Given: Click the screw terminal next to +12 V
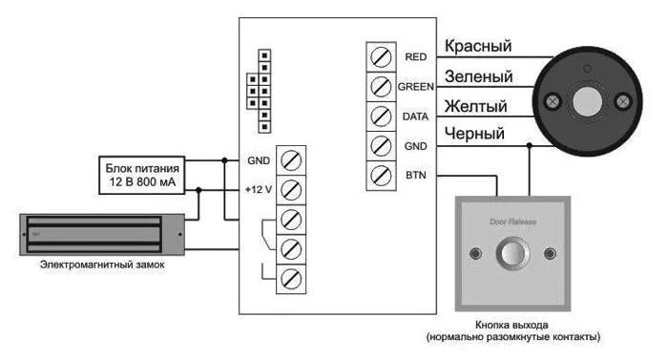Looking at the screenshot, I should pyautogui.click(x=292, y=188).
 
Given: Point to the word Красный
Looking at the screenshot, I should pyautogui.click(x=476, y=46).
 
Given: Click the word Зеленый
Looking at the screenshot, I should pyautogui.click(x=477, y=76).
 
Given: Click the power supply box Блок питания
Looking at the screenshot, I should pyautogui.click(x=141, y=174).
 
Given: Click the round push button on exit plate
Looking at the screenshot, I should pyautogui.click(x=514, y=254).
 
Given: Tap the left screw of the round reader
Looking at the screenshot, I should pyautogui.click(x=552, y=100).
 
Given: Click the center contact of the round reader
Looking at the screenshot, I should pyautogui.click(x=587, y=98).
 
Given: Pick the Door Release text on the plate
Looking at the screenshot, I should pyautogui.click(x=513, y=221).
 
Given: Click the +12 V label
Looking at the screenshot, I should pyautogui.click(x=259, y=189).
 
